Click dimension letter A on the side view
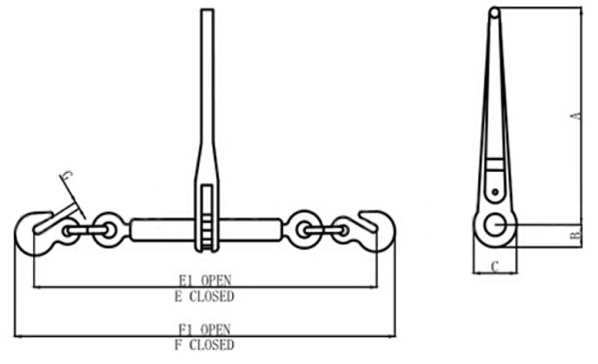(x=575, y=116)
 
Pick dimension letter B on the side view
(x=575, y=236)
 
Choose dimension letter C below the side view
(x=495, y=266)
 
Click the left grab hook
(x=34, y=232)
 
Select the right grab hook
(x=375, y=231)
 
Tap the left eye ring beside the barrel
(x=109, y=231)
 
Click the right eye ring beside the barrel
(x=300, y=230)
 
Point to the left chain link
(x=84, y=232)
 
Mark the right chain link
(x=326, y=231)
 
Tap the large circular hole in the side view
(x=493, y=226)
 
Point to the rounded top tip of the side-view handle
(x=494, y=12)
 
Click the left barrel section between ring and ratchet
(x=159, y=231)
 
